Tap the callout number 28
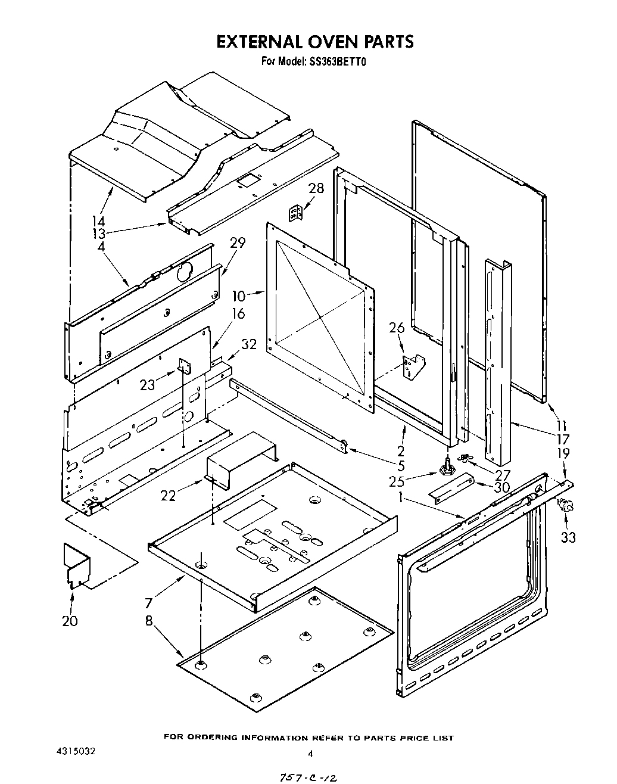tap(316, 188)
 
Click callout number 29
tap(238, 243)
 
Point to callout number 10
tap(238, 295)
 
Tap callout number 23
tap(147, 385)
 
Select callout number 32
tap(248, 344)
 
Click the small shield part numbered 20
tap(76, 564)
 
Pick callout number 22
tap(168, 495)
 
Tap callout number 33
tap(568, 537)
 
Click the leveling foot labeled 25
tap(445, 468)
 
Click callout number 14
tap(98, 222)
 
